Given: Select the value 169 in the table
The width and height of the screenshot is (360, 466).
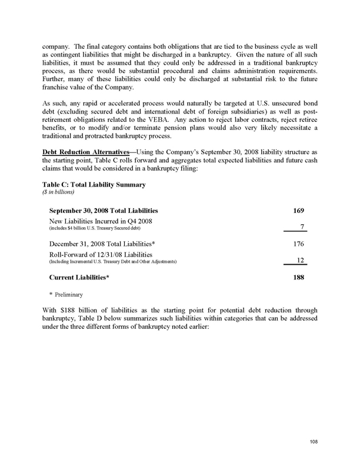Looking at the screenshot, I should coord(299,210).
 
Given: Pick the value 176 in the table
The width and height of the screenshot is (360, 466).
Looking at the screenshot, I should coord(299,243).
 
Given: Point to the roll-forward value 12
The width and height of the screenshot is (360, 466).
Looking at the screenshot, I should coord(300,259).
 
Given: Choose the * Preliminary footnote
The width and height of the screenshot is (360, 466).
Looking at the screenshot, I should coord(67,294).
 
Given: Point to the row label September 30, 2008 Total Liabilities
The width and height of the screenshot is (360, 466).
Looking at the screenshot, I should coord(103,210).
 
